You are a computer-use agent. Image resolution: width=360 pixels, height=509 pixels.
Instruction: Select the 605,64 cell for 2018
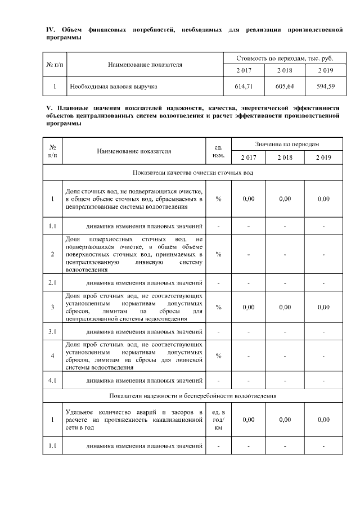tap(285, 87)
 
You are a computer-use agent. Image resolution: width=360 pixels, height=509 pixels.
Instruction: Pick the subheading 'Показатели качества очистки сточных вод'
tap(192, 172)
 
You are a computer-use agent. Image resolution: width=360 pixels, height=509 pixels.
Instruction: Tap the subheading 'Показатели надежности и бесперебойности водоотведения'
tap(192, 396)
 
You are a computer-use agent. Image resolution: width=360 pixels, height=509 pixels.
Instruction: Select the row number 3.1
tap(52, 331)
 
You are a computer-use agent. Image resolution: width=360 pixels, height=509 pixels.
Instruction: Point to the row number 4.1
tap(52, 380)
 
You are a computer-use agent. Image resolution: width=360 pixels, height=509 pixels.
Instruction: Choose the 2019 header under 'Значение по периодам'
tap(324, 157)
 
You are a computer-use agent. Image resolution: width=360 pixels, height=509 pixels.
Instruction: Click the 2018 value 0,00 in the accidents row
tap(285, 420)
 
